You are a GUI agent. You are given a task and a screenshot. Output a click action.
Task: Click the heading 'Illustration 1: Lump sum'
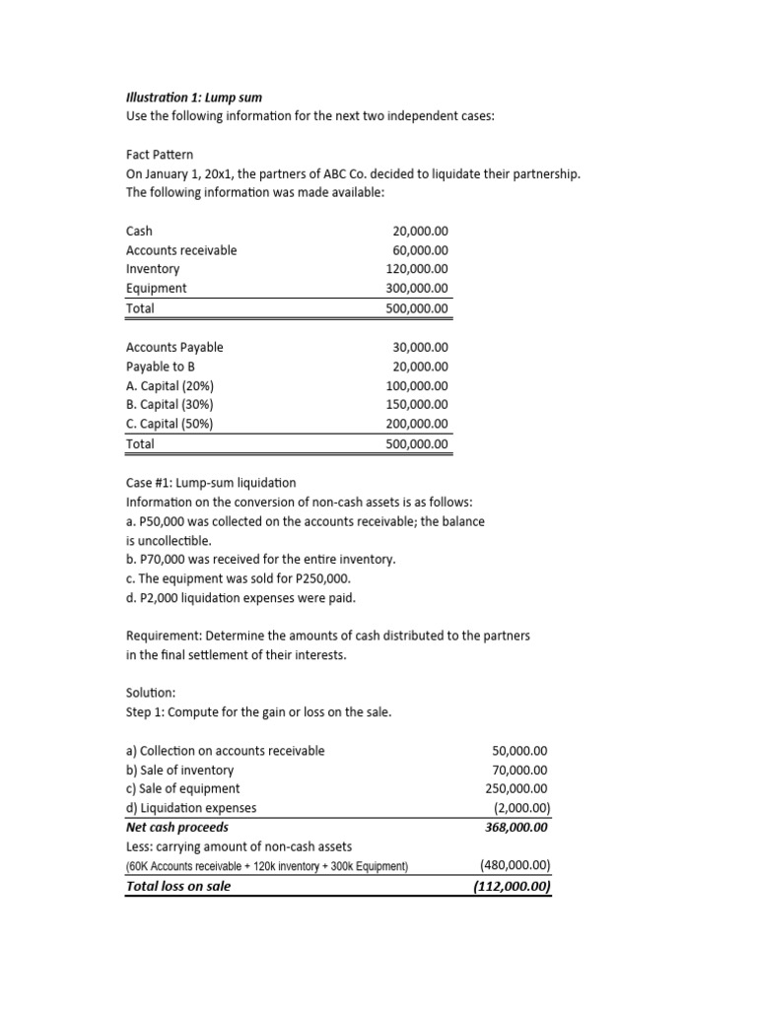click(x=193, y=98)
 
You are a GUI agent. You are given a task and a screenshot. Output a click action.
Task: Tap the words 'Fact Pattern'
click(x=160, y=155)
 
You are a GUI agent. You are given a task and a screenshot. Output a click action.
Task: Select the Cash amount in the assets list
click(x=420, y=231)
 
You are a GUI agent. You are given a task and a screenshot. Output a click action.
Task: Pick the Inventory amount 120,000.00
click(x=417, y=269)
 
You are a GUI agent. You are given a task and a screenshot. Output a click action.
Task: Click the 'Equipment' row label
click(x=156, y=289)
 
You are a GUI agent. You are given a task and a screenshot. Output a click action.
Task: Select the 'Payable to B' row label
click(x=161, y=367)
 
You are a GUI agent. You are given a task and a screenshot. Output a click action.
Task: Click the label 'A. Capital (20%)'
click(x=170, y=385)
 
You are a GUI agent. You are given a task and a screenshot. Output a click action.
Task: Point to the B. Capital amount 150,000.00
click(x=417, y=405)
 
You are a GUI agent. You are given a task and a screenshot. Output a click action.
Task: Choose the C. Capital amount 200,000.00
click(x=417, y=424)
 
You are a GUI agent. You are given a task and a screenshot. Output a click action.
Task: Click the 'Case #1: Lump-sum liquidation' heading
click(x=211, y=483)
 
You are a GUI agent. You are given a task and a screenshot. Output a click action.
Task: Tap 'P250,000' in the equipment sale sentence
click(x=323, y=578)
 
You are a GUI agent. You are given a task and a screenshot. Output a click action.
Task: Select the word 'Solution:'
click(x=151, y=694)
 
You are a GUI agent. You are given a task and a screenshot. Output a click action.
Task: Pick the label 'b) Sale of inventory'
click(x=180, y=771)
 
